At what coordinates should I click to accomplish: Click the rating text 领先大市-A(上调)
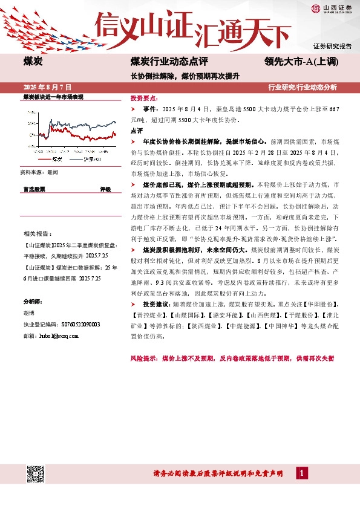pyautogui.click(x=301, y=61)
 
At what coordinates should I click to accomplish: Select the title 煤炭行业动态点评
pyautogui.click(x=169, y=61)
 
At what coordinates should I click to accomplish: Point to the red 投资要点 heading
pyautogui.click(x=144, y=97)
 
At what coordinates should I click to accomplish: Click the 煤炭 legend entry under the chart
pyautogui.click(x=56, y=158)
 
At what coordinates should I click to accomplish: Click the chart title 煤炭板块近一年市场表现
pyautogui.click(x=53, y=97)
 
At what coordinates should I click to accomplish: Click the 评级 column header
pyautogui.click(x=105, y=189)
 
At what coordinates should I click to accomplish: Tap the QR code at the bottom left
pyautogui.click(x=34, y=473)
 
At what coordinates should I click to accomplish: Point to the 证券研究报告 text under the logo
pyautogui.click(x=333, y=46)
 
